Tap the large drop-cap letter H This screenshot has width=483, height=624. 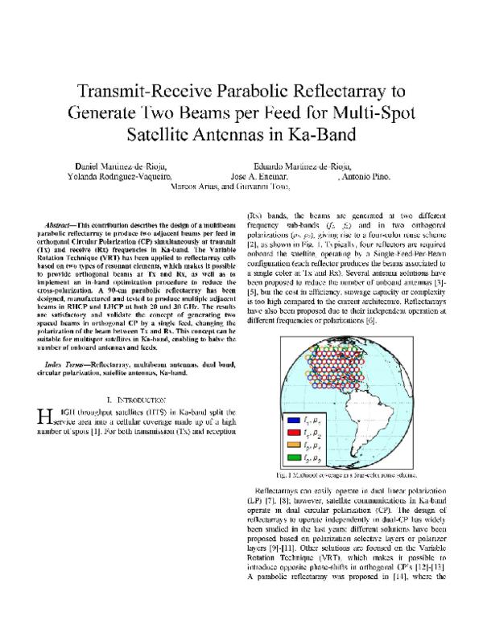44,417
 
